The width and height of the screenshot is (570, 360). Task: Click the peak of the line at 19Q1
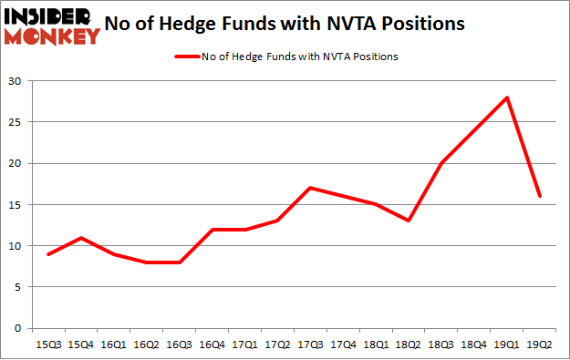pyautogui.click(x=506, y=98)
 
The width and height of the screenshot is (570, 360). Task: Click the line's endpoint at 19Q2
pyautogui.click(x=539, y=196)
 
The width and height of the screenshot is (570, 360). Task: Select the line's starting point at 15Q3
pyautogui.click(x=47, y=253)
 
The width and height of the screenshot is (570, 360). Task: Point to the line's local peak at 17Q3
pyautogui.click(x=310, y=188)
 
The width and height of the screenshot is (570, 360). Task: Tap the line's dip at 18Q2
pyautogui.click(x=409, y=221)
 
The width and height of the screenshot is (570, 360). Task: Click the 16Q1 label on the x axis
pyautogui.click(x=113, y=344)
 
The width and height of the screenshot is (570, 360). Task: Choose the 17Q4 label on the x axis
pyautogui.click(x=343, y=344)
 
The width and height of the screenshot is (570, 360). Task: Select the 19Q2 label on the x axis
pyautogui.click(x=539, y=344)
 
